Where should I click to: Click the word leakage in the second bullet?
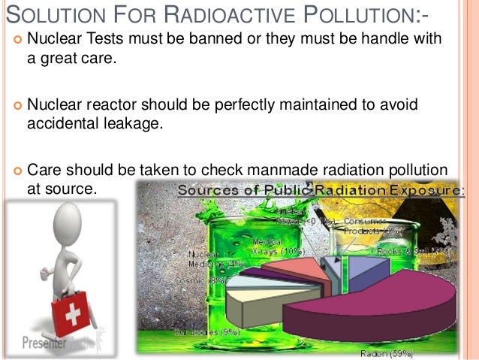tap(135, 123)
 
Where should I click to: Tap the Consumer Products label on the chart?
tap(363, 226)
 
